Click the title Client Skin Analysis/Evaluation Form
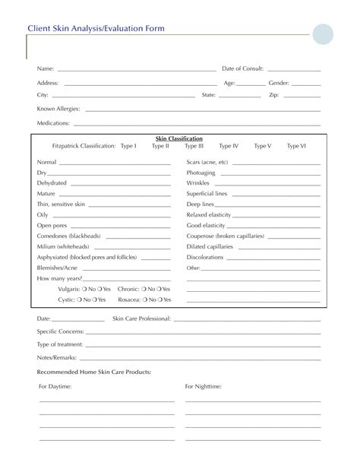point(96,28)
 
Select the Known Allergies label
point(58,109)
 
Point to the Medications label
point(54,122)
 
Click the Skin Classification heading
point(179,138)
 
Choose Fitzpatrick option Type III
point(195,145)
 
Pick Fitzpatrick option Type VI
point(296,145)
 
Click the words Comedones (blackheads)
point(68,236)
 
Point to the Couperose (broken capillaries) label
point(226,236)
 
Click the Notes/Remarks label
point(56,357)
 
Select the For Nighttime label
point(204,386)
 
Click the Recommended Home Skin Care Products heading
point(94,371)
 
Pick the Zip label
point(274,95)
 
